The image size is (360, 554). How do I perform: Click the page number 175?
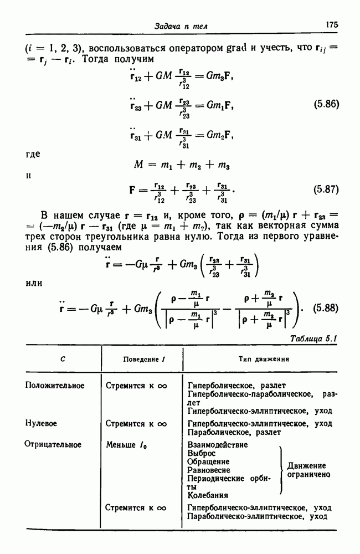pos(332,25)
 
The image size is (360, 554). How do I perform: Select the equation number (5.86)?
pos(326,103)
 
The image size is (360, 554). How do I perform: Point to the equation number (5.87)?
pos(326,189)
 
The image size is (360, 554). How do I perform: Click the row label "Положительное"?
pos(55,386)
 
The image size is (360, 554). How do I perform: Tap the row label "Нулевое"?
pos(42,423)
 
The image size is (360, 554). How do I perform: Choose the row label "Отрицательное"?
pos(53,444)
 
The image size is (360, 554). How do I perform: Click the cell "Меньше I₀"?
pos(128,444)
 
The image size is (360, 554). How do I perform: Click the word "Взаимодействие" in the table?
pos(218,444)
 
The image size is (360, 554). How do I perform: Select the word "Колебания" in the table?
pos(208,495)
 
